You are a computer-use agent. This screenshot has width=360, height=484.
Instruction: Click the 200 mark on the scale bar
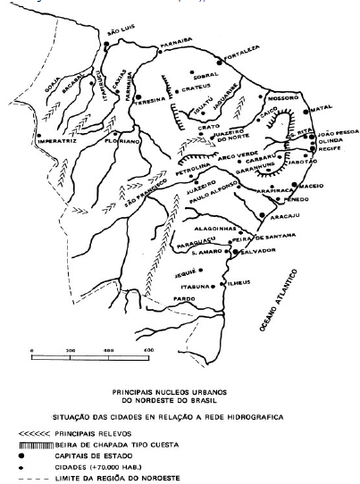[x=71, y=350]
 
